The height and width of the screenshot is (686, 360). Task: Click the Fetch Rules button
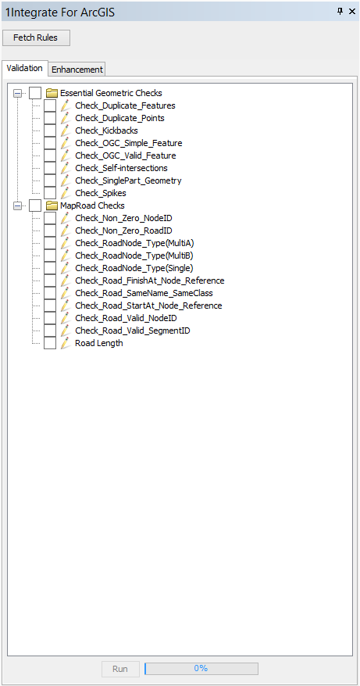click(x=36, y=38)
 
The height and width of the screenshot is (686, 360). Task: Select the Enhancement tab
click(x=77, y=69)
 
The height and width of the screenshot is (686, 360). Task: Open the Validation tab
click(x=24, y=68)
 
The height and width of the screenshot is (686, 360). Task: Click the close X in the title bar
click(x=352, y=12)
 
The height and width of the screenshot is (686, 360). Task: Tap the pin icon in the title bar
click(x=340, y=12)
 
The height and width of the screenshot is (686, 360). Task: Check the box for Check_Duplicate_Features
click(x=50, y=105)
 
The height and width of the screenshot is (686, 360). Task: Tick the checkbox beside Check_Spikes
click(x=50, y=192)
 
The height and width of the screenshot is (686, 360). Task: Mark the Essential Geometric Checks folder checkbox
click(x=35, y=93)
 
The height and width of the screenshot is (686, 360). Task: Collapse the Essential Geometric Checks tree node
click(x=17, y=93)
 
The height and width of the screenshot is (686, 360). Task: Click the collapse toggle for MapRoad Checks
click(x=17, y=205)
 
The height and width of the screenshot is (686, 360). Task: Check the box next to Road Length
click(x=50, y=343)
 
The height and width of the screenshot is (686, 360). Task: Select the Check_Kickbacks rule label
click(x=107, y=130)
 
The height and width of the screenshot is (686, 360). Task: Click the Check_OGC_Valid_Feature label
click(x=126, y=155)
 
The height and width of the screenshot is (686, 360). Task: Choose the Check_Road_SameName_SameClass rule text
click(x=144, y=293)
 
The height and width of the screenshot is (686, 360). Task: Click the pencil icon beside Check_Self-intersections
click(x=66, y=167)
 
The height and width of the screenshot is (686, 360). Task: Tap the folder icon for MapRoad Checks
click(x=52, y=205)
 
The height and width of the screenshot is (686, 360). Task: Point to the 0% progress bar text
click(x=201, y=669)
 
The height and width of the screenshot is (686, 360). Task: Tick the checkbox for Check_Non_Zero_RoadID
click(x=50, y=230)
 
